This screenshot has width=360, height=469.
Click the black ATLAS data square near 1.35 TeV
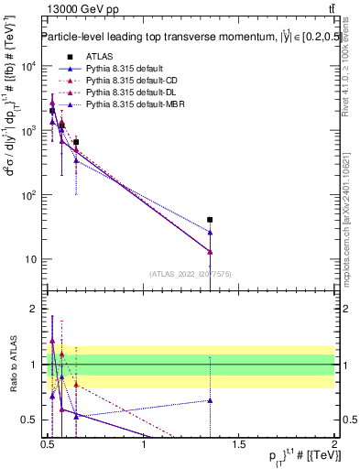coord(210,220)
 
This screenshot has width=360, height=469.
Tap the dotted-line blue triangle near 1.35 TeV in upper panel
coord(210,233)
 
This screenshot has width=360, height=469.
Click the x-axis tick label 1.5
coord(240,446)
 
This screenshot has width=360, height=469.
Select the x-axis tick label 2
coord(334,446)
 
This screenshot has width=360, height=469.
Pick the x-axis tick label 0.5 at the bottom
coord(49,446)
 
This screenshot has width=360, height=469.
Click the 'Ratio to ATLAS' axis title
coord(12,365)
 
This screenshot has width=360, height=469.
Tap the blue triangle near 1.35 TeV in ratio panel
coord(210,400)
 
